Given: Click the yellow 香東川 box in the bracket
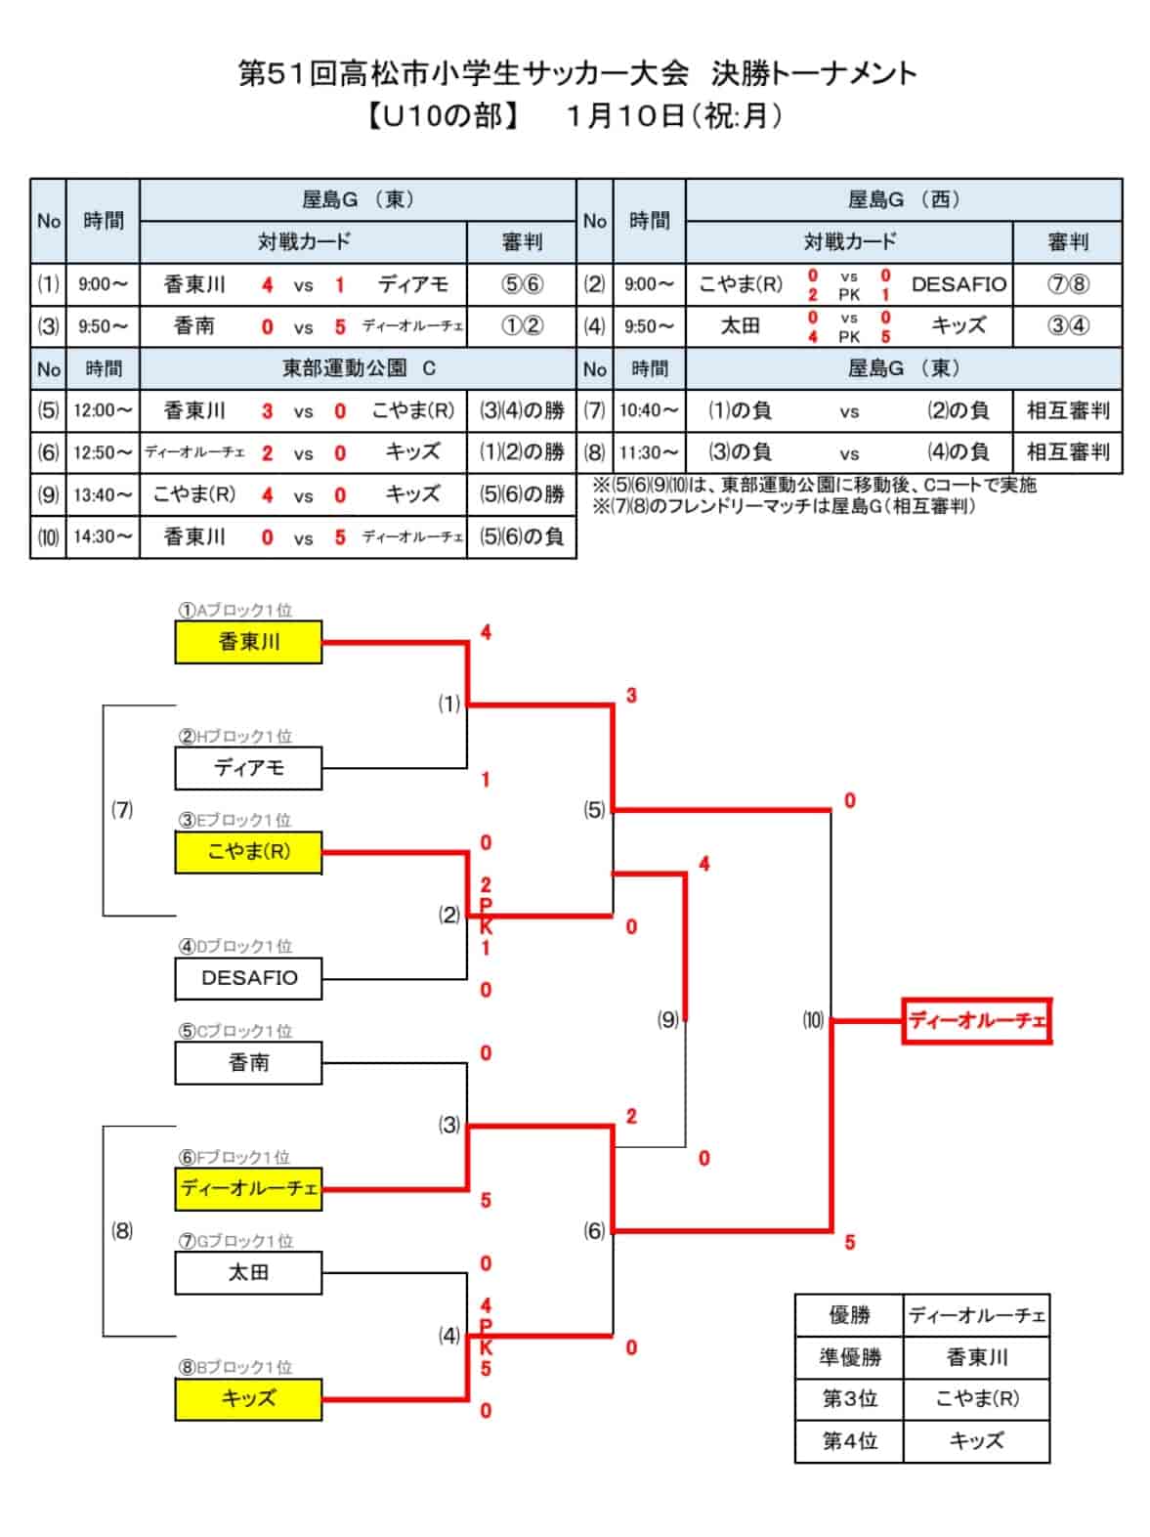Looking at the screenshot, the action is pos(248,641).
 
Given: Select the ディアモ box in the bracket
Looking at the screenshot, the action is pos(248,768).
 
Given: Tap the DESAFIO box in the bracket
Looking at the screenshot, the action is pos(248,978).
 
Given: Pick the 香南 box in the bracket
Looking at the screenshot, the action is pos(248,1063).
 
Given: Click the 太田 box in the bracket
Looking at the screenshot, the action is pos(248,1273).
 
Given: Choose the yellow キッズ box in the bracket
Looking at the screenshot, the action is pos(248,1400).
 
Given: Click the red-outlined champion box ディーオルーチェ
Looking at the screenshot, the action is pos(977,1021).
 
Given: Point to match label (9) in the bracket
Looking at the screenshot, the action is pos(667,1019).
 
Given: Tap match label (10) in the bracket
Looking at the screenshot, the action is pos(813,1019).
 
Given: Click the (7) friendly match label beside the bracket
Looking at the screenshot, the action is pos(122,810).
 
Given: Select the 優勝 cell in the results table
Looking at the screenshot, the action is pos(849,1316).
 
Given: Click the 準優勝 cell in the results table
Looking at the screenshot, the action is pos(849,1358).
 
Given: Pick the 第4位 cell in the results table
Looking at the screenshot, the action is pos(849,1441).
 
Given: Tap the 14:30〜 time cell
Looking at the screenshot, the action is pos(103,537).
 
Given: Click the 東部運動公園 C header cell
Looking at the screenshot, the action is pos(358,368).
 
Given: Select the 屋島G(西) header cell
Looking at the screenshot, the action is pos(904,200).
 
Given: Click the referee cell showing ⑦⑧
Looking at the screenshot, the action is pos(1067,284).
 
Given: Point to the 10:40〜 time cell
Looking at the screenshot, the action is pos(649,410).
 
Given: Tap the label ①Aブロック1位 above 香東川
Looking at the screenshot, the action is pos(234,610).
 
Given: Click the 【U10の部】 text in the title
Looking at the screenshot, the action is pos(443,116).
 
